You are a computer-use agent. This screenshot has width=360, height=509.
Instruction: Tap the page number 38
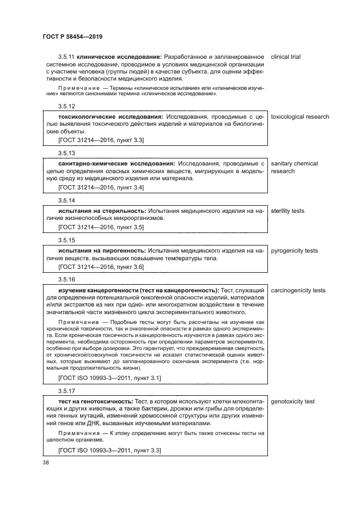tap(45, 462)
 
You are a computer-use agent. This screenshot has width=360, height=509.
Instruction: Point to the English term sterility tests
tap(288, 211)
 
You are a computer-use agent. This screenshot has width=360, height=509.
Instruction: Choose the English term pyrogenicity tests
tap(294, 250)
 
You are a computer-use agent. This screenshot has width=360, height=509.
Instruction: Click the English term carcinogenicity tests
tap(298, 290)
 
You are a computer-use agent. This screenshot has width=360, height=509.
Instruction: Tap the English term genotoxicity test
tap(292, 402)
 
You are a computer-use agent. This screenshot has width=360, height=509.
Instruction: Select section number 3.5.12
tap(66, 106)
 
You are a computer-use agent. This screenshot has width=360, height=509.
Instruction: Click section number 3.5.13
tap(66, 153)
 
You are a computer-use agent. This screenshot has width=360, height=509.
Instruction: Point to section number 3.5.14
tap(66, 200)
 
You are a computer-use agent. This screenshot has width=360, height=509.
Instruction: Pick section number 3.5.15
tap(66, 240)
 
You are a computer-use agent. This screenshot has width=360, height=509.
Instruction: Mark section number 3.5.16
tap(66, 280)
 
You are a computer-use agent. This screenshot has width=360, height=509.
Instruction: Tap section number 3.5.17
tap(66, 391)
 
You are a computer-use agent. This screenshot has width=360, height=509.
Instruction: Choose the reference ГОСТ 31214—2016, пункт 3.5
tap(101, 227)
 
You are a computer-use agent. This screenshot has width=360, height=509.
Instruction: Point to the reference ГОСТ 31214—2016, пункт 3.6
tap(101, 267)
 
